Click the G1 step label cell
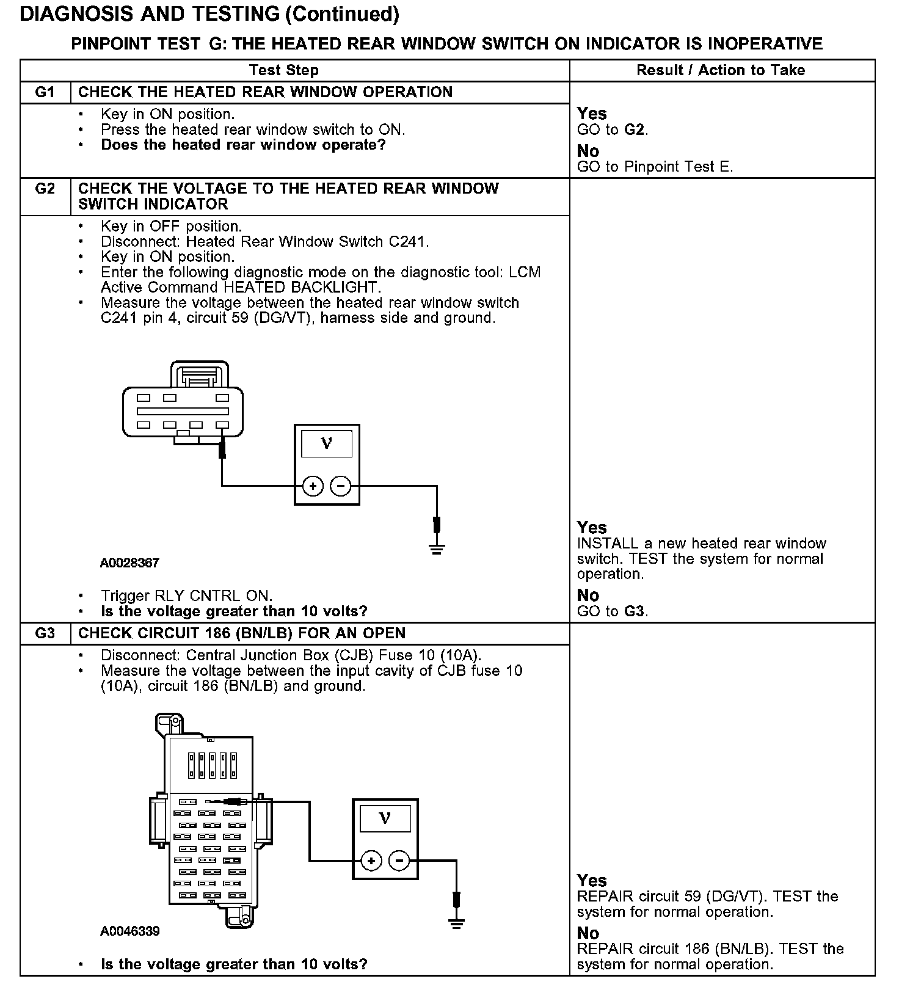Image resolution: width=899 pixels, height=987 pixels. pyautogui.click(x=45, y=92)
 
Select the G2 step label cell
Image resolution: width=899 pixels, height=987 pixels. pyautogui.click(x=45, y=189)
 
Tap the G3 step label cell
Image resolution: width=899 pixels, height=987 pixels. pyautogui.click(x=45, y=633)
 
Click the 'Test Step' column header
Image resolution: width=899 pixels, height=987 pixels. pyautogui.click(x=284, y=70)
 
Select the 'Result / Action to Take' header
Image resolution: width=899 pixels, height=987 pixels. pyautogui.click(x=721, y=70)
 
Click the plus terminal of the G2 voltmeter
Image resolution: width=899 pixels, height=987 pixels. pyautogui.click(x=313, y=486)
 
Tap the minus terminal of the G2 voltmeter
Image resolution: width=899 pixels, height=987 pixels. pyautogui.click(x=341, y=486)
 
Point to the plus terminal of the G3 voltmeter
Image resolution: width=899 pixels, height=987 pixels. pyautogui.click(x=371, y=861)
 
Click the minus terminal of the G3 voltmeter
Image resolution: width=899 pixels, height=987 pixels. pyautogui.click(x=399, y=861)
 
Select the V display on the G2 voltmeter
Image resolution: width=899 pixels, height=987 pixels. pyautogui.click(x=327, y=443)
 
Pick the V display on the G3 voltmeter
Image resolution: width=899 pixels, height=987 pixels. pyautogui.click(x=385, y=818)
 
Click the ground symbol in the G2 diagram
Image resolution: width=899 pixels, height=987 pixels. pyautogui.click(x=437, y=548)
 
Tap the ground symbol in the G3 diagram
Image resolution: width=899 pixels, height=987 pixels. pyautogui.click(x=456, y=922)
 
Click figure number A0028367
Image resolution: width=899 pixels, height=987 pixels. pyautogui.click(x=129, y=563)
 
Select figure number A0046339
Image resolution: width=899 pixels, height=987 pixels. pyautogui.click(x=130, y=931)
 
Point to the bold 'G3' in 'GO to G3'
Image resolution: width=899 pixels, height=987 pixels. pyautogui.click(x=635, y=611)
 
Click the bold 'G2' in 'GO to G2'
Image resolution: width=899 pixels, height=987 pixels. pyautogui.click(x=635, y=129)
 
